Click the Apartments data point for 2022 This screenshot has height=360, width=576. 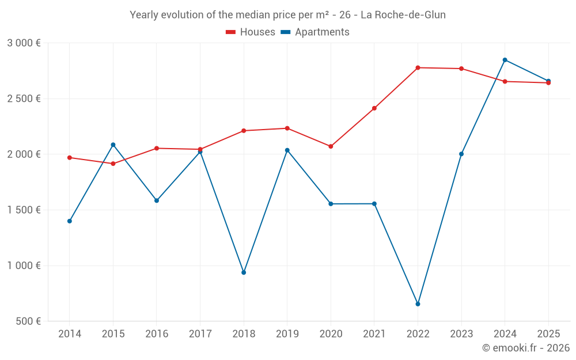click(x=418, y=304)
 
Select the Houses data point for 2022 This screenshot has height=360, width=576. click(x=418, y=68)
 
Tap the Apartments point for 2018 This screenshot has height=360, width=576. click(x=244, y=272)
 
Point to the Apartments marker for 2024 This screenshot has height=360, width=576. click(x=505, y=60)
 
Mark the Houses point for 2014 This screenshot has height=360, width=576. click(x=70, y=158)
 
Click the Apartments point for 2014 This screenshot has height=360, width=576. click(x=70, y=221)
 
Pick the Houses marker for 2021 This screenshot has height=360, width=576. click(x=374, y=108)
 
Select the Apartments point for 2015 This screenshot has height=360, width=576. click(x=113, y=145)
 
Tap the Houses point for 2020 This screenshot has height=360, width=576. click(x=331, y=146)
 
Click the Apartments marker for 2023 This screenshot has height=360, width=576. click(x=461, y=154)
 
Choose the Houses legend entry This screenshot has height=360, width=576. click(x=251, y=32)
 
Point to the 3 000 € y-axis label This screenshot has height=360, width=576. click(x=24, y=43)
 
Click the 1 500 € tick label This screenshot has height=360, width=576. click(x=24, y=210)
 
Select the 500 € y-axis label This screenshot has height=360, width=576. click(x=28, y=321)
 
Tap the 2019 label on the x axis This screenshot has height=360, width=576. click(x=287, y=334)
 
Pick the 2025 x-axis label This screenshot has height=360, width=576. click(x=548, y=334)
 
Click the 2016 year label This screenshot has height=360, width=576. click(x=157, y=334)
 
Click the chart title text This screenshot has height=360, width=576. click(x=287, y=15)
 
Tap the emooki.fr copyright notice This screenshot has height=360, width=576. click(x=525, y=348)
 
